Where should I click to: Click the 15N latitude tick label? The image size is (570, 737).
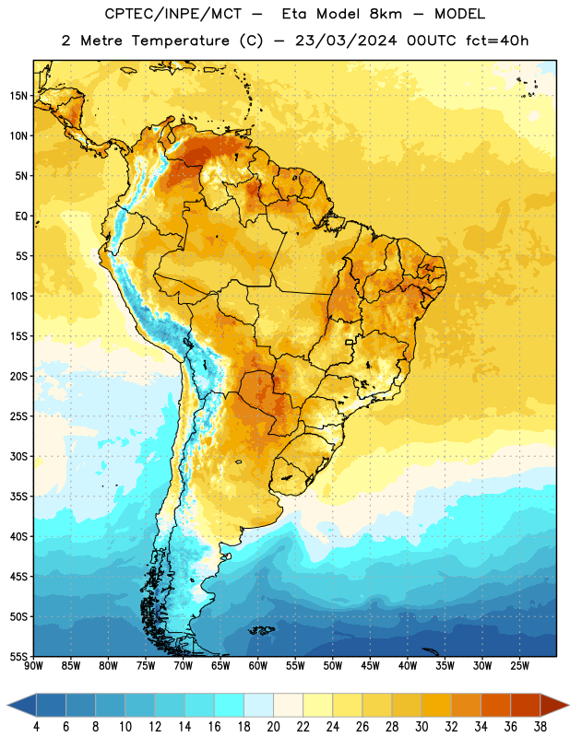click(18, 96)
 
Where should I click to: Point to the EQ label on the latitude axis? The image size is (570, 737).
click(21, 216)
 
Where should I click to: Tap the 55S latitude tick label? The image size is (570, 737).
click(18, 657)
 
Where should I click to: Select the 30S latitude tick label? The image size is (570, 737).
click(18, 456)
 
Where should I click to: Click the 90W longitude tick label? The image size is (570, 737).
click(33, 666)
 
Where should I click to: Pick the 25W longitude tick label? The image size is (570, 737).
click(519, 666)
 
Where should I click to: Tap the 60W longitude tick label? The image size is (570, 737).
click(258, 666)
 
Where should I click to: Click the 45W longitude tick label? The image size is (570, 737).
click(370, 666)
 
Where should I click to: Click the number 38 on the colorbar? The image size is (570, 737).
click(540, 727)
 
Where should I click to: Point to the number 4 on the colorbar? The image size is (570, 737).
click(36, 727)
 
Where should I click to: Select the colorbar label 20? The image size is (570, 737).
click(273, 727)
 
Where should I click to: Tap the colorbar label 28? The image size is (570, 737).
click(392, 727)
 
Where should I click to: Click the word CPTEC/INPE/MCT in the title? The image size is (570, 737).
click(173, 14)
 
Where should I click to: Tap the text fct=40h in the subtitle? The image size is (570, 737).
click(497, 41)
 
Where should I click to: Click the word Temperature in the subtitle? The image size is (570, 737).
click(180, 41)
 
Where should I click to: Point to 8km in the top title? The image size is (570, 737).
click(386, 14)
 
